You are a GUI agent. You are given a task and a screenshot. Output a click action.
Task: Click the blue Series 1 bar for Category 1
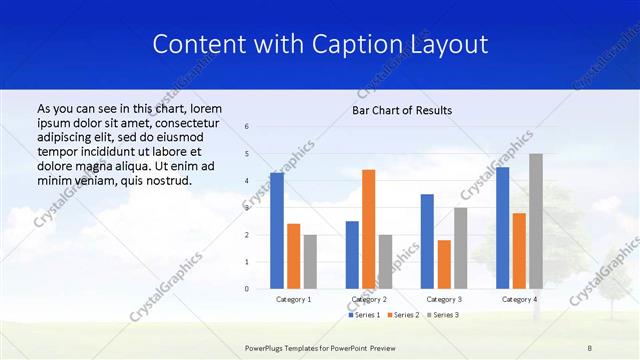(x=277, y=231)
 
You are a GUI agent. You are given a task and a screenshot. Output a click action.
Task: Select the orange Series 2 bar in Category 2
(x=368, y=229)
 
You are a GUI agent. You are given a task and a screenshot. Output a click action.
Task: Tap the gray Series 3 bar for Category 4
(x=536, y=221)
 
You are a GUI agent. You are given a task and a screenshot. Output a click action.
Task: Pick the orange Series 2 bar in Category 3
(x=444, y=265)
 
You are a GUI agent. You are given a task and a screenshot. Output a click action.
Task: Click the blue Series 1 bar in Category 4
(x=502, y=228)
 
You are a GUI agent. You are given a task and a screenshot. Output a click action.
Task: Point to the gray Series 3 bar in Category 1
(x=310, y=262)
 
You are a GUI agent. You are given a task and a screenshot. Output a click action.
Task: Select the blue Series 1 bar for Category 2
(x=352, y=255)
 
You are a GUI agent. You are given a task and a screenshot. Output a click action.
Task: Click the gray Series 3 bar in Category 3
(x=460, y=248)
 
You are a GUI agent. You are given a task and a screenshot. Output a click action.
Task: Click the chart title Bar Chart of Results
(x=402, y=110)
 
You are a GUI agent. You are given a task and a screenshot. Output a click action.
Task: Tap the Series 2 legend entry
(x=403, y=315)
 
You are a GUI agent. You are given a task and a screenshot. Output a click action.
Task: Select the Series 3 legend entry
(x=443, y=315)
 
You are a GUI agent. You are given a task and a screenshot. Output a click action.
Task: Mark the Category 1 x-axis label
(x=293, y=299)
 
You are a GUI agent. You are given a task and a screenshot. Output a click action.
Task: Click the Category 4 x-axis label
(x=519, y=299)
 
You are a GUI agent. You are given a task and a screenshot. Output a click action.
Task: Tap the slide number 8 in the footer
(x=590, y=347)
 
